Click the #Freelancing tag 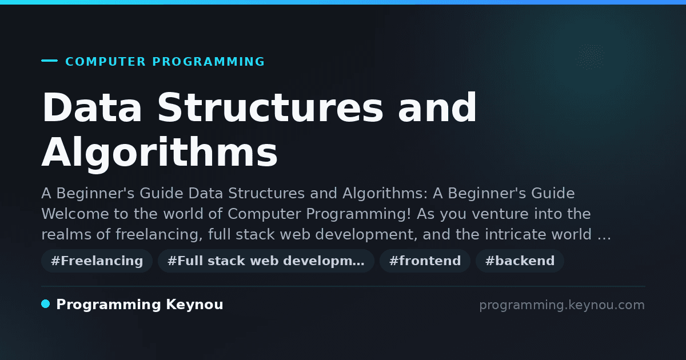[97, 261]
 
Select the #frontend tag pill [425, 261]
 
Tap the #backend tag [520, 261]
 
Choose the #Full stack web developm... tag [266, 261]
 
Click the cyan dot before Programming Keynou [45, 304]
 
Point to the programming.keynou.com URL [562, 305]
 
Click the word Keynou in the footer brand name [194, 304]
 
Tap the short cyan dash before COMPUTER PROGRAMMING [49, 61]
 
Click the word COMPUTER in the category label [105, 62]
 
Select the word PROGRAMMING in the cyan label [208, 62]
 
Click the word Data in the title [92, 107]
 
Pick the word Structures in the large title [270, 107]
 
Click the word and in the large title [437, 107]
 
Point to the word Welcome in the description [75, 214]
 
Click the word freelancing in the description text [159, 234]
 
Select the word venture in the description [500, 214]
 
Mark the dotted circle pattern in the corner [590, 57]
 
